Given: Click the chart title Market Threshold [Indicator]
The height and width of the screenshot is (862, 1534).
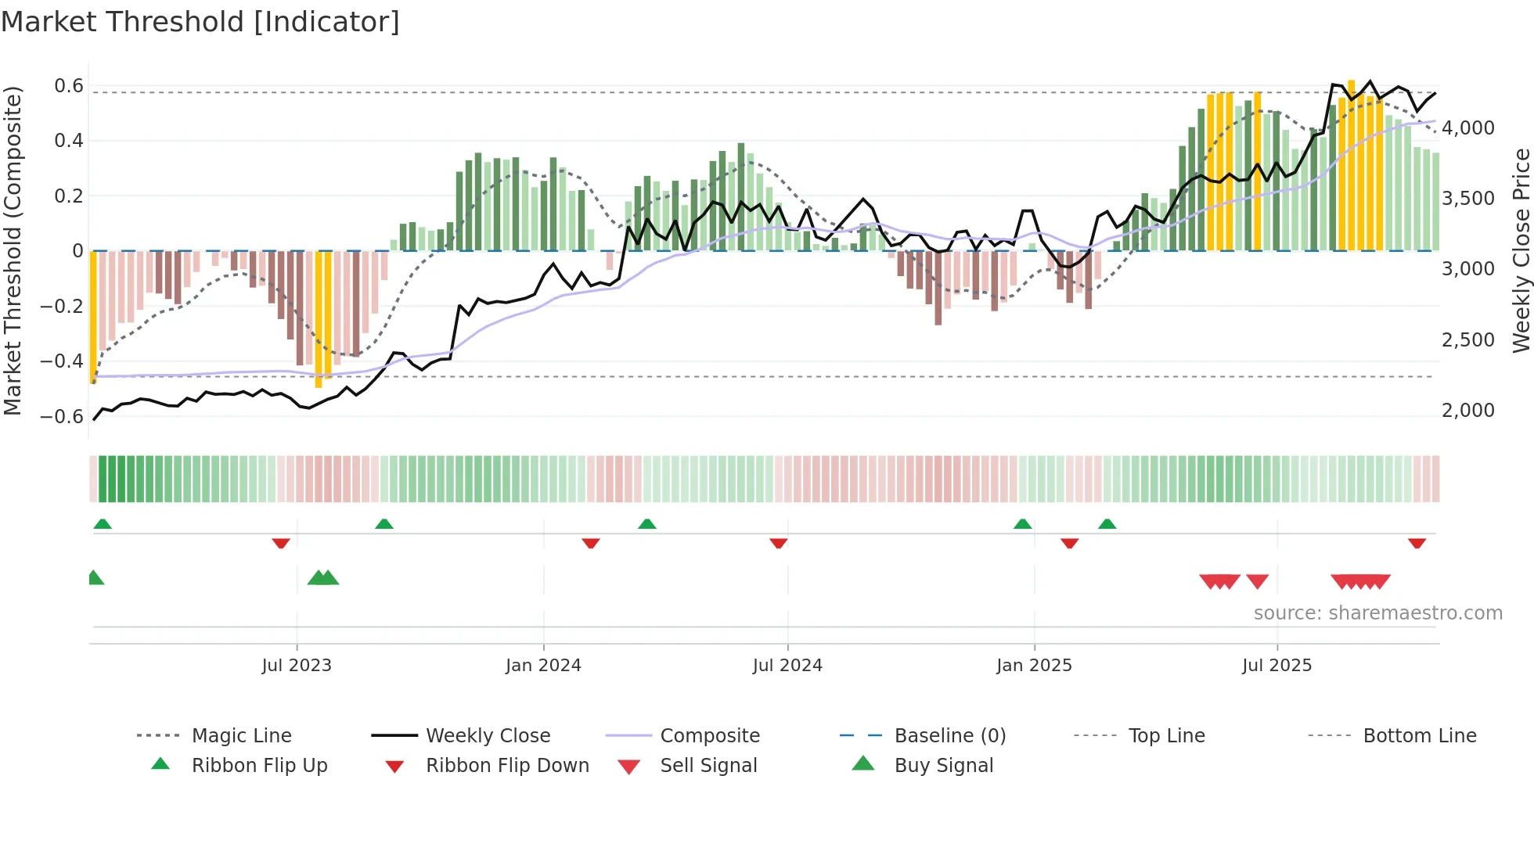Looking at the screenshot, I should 200,22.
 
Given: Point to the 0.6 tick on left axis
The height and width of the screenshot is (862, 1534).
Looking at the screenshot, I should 69,86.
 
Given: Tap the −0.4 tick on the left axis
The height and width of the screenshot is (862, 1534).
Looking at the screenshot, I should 62,361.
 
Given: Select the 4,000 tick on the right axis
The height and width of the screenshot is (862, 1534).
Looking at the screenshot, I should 1467,128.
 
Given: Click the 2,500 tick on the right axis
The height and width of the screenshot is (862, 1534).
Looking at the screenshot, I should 1467,340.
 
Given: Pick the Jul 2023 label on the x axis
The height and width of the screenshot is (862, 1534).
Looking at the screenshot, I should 297,666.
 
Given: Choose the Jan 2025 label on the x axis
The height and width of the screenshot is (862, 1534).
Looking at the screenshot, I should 1034,666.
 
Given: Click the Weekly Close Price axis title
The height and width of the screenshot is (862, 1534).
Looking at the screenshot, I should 1521,250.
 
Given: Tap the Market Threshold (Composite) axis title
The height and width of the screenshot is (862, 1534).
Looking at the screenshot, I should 13,250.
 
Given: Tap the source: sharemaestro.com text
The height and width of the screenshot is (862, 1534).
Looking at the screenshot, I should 1377,613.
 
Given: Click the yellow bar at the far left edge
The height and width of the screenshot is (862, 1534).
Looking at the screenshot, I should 93,317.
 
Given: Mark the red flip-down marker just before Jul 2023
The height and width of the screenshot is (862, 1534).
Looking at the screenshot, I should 281,543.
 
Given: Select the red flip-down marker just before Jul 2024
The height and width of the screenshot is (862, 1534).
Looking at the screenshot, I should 778,543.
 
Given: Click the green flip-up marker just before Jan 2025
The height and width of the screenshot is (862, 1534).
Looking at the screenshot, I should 1022,524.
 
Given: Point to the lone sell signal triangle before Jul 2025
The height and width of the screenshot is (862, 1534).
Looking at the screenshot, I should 1257,581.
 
